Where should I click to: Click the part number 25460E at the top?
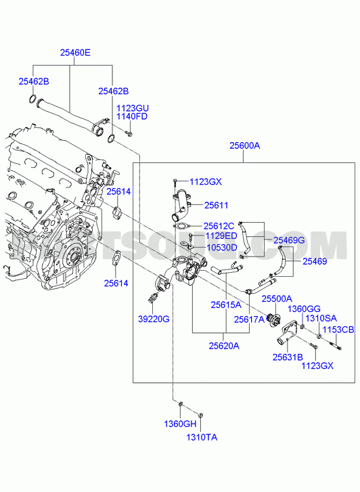(x=75, y=52)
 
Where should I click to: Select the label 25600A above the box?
(x=245, y=146)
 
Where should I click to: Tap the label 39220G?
(x=154, y=319)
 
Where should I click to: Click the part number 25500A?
(x=277, y=298)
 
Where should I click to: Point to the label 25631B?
(x=288, y=357)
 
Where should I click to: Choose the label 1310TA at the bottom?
(x=202, y=437)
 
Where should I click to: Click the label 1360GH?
(x=180, y=424)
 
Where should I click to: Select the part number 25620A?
(x=224, y=346)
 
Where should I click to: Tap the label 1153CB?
(x=338, y=330)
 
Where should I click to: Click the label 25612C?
(x=219, y=226)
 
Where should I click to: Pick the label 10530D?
(x=222, y=248)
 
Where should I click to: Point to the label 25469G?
(x=290, y=240)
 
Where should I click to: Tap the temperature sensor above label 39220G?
(x=153, y=298)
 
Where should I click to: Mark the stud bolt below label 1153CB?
(x=336, y=346)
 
